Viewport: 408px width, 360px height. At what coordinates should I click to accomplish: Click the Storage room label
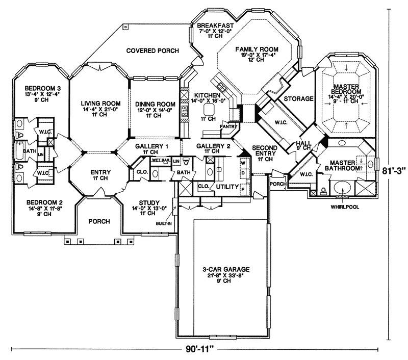(298, 98)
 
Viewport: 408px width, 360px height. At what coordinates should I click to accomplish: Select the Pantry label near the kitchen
(226, 125)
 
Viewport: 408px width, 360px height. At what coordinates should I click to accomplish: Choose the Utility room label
(227, 187)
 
